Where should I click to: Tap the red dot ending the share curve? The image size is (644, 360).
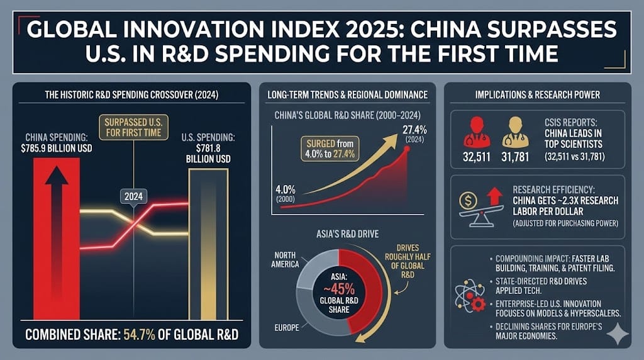click(407, 149)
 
